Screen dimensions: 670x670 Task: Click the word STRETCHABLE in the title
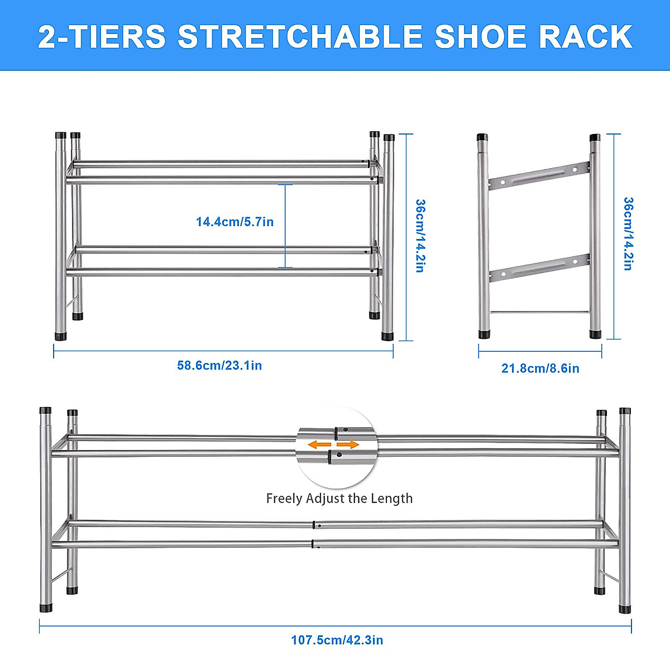300,37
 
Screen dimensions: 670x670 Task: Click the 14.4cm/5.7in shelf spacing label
234,222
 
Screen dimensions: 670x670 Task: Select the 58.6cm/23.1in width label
219,366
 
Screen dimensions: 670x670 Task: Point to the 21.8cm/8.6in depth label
540,368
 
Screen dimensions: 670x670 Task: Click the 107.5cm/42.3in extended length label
337,640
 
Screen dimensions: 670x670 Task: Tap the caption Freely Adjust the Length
339,498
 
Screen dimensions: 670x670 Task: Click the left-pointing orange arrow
320,445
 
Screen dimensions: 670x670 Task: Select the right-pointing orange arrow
348,445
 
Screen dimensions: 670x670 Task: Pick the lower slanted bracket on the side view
539,268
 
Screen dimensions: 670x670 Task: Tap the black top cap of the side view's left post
482,137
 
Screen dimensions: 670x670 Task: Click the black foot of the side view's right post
596,334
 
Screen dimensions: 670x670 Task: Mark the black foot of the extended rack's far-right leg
625,608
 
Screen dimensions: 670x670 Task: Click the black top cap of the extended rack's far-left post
45,410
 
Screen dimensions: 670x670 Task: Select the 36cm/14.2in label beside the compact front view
420,236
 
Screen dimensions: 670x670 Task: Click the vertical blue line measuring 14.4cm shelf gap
285,226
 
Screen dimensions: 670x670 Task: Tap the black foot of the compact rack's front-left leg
60,336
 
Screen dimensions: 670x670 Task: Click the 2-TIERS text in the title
102,37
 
